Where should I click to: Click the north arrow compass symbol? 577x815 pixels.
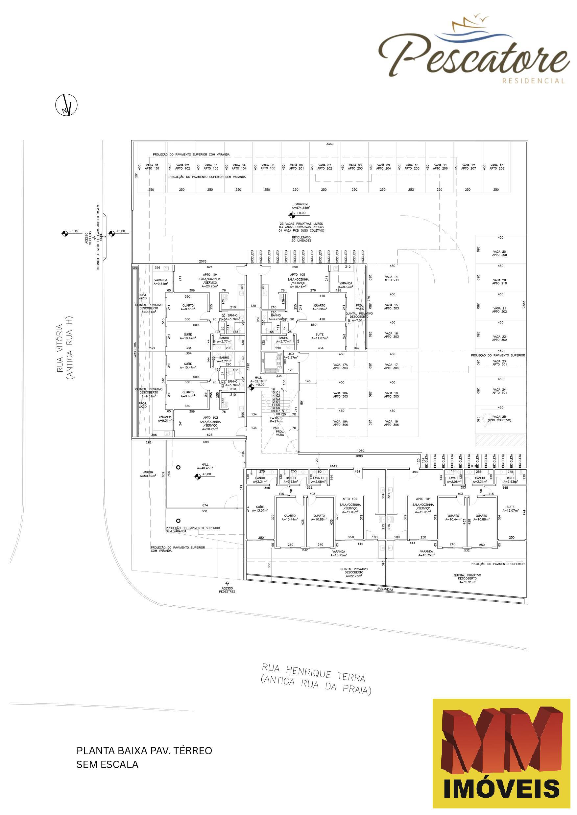coord(66,105)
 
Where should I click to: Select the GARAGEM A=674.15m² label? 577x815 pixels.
coord(301,206)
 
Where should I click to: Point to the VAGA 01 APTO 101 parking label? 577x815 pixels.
coord(152,167)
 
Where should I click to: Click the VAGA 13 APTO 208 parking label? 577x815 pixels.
coord(497,167)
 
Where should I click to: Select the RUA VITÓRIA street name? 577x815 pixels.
coord(65,348)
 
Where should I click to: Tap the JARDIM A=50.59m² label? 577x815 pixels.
coord(148,474)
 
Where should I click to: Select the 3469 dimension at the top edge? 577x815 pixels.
coord(330,144)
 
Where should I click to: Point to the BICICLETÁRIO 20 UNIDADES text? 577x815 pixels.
coord(301,239)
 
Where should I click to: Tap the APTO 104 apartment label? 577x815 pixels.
coord(211,274)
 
